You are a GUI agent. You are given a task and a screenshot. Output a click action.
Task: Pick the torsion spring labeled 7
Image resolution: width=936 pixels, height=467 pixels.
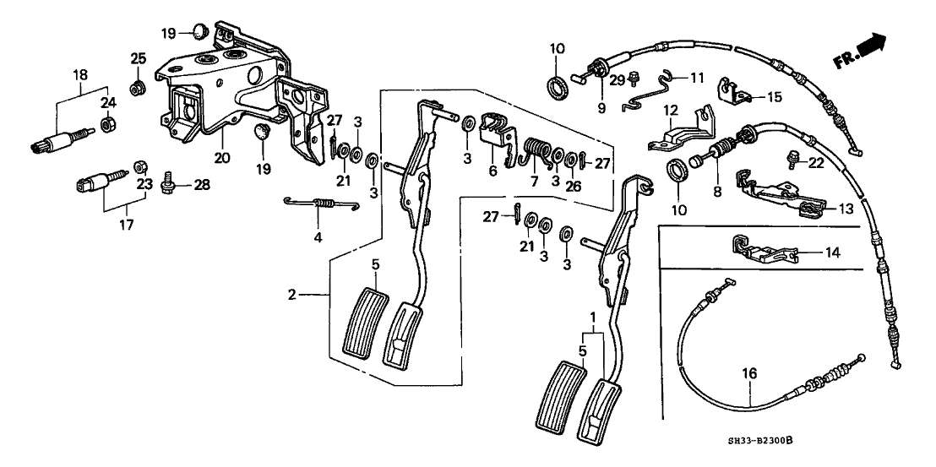click(533, 151)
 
